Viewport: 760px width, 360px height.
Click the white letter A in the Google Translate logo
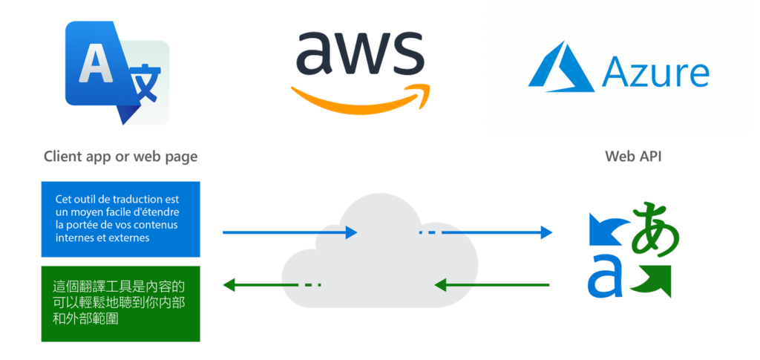[x=93, y=64]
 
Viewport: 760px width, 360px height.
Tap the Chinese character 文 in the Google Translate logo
[x=145, y=88]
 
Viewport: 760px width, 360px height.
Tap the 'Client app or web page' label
[x=121, y=157]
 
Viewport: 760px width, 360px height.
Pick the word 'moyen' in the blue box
[x=88, y=212]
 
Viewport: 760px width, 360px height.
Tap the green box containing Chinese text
[x=121, y=303]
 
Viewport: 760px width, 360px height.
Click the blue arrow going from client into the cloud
[x=289, y=232]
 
